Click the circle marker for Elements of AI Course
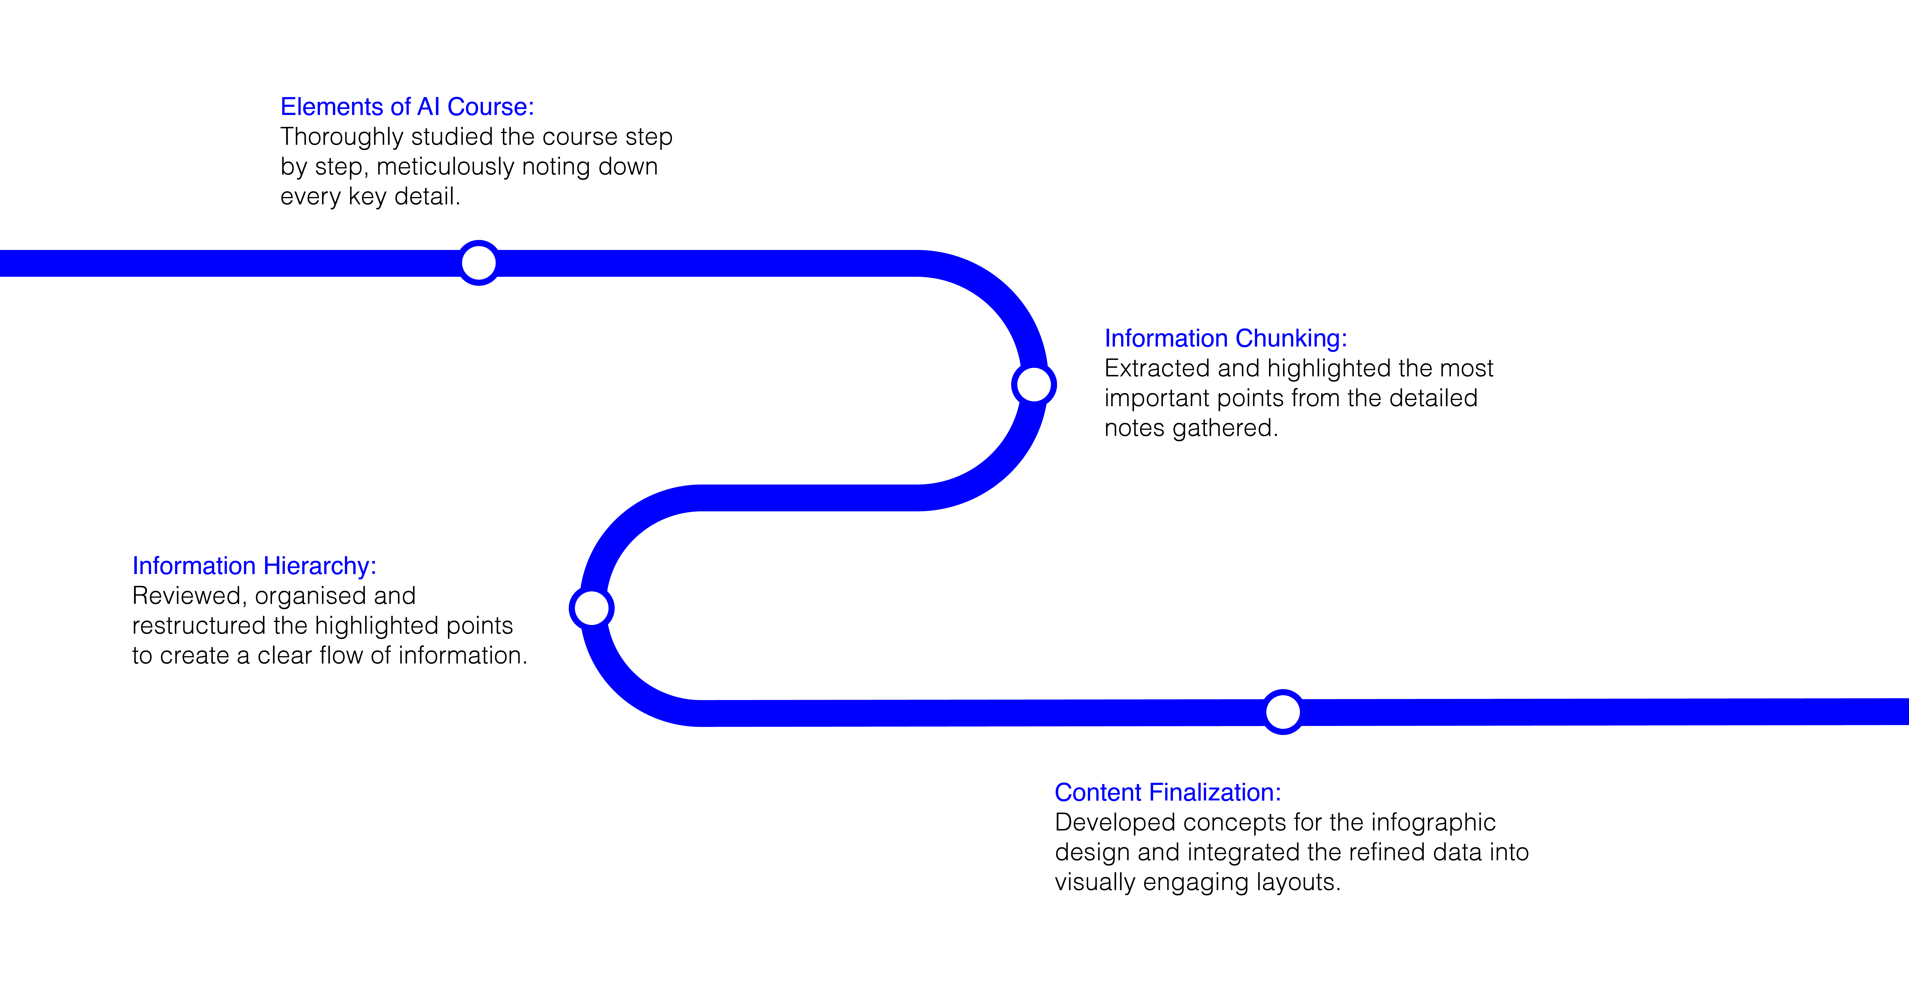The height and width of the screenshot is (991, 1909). coord(479,262)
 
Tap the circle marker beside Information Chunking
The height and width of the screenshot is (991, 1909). coord(1034,384)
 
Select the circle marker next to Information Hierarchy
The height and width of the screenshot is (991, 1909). coord(591,608)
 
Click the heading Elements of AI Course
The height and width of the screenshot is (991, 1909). coord(407,107)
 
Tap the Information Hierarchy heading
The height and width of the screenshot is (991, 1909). coord(254,566)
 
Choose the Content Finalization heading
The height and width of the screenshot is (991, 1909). coord(1168,793)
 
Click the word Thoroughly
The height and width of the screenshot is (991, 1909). coord(342,137)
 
